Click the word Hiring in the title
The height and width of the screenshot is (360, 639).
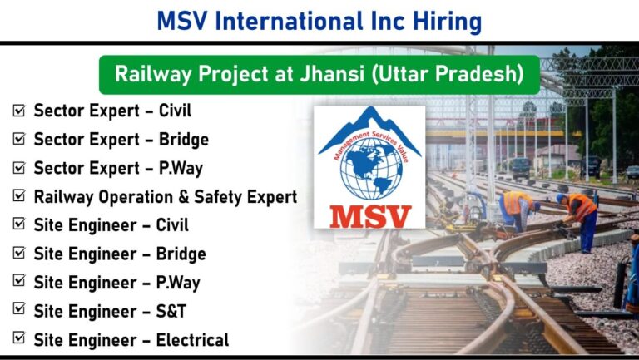447,22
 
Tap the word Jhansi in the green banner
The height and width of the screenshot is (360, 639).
332,74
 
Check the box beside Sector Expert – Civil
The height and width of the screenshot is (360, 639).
19,111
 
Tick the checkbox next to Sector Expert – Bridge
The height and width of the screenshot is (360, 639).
19,139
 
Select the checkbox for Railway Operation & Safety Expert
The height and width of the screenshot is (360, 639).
19,196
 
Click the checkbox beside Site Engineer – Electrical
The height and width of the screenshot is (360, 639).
19,338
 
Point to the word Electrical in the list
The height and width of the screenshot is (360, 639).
192,340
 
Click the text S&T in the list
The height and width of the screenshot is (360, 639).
171,312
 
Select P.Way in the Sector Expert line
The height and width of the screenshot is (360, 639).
181,169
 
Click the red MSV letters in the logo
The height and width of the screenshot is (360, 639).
370,217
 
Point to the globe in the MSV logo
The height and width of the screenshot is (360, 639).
371,168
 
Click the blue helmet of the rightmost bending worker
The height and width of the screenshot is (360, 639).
561,198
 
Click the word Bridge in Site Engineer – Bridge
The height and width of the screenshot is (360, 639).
181,254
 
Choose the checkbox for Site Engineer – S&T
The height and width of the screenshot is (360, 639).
19,308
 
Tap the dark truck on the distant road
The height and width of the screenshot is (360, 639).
520,167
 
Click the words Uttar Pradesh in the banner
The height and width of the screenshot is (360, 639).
448,74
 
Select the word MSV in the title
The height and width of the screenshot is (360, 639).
182,22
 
